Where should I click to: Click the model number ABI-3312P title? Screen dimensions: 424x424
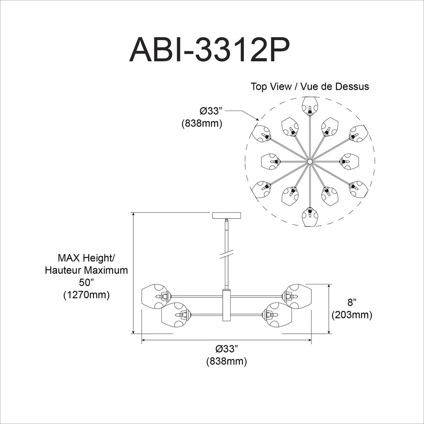[x=210, y=50]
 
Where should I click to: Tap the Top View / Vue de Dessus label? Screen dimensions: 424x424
[x=310, y=87]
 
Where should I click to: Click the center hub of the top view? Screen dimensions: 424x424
[x=310, y=161]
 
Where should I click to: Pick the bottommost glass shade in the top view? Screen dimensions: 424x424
[x=310, y=217]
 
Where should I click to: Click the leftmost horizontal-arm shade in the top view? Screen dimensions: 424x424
[x=270, y=162]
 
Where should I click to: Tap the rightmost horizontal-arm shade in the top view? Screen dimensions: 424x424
[x=349, y=162]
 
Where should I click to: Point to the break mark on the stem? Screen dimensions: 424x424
[x=226, y=255]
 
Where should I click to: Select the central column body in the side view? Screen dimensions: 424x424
[x=226, y=305]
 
